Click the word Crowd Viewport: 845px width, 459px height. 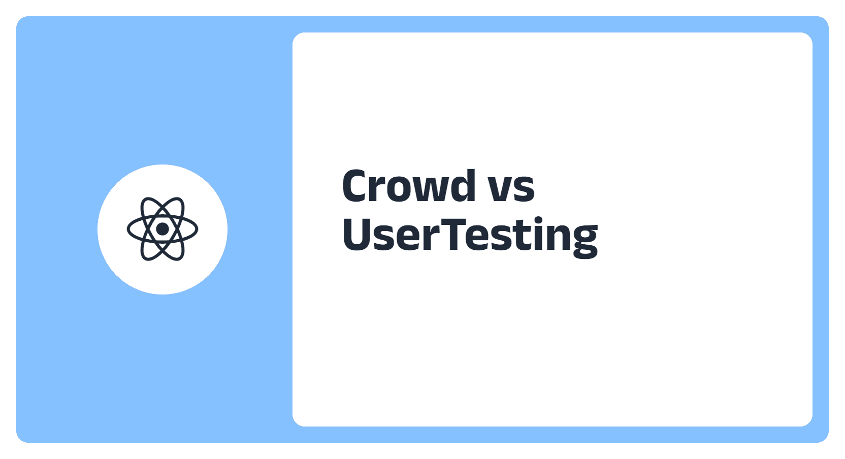[x=409, y=185]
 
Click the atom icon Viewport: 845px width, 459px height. [x=162, y=229]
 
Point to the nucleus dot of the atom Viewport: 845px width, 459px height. [x=162, y=229]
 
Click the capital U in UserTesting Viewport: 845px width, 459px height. [x=356, y=235]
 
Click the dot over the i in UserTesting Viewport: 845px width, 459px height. [x=538, y=220]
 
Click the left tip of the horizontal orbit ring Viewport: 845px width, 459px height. [x=127, y=229]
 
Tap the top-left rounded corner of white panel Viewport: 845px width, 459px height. [x=296, y=36]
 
